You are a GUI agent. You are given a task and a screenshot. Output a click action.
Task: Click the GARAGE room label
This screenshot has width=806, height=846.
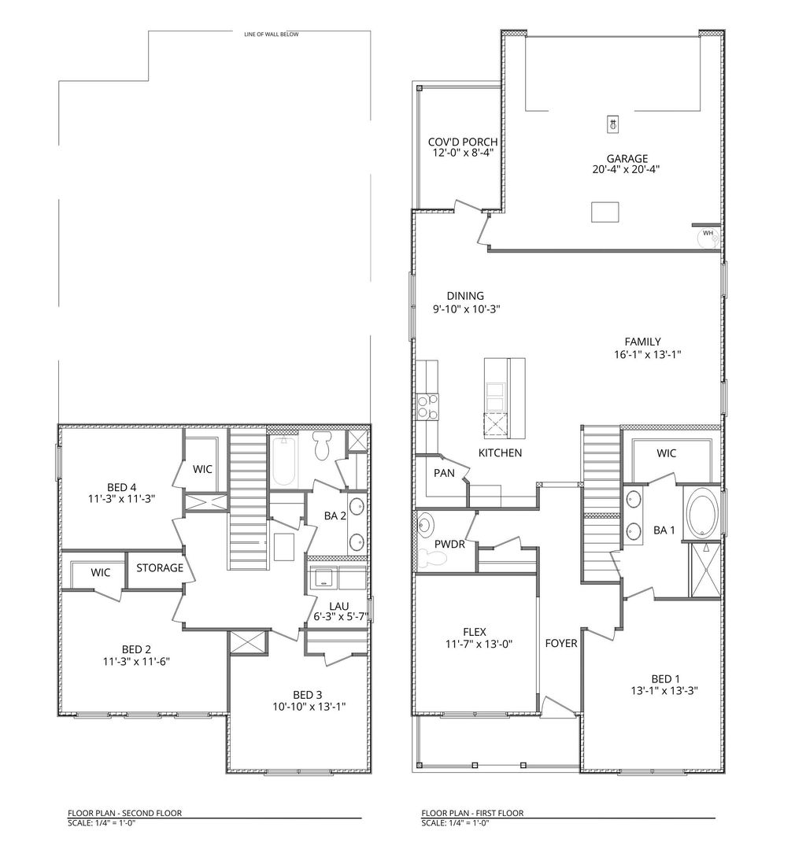(627, 158)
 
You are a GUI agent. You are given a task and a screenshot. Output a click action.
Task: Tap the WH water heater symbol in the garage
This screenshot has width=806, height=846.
(708, 234)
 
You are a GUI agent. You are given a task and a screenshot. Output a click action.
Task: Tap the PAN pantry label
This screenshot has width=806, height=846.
(442, 473)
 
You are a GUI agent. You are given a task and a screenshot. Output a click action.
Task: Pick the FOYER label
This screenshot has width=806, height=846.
(561, 643)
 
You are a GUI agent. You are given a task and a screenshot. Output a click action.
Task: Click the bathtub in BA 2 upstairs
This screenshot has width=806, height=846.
(285, 462)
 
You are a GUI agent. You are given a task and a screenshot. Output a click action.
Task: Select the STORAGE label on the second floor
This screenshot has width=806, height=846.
(160, 567)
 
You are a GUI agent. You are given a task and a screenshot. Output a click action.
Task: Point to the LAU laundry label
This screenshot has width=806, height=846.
(339, 605)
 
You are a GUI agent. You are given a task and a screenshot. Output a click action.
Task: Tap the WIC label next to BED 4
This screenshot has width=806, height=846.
(202, 468)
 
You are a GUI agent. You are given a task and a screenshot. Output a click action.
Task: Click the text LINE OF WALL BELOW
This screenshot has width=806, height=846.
(272, 34)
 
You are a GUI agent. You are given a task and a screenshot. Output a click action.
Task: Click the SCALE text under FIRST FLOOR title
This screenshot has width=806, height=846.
(456, 823)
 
